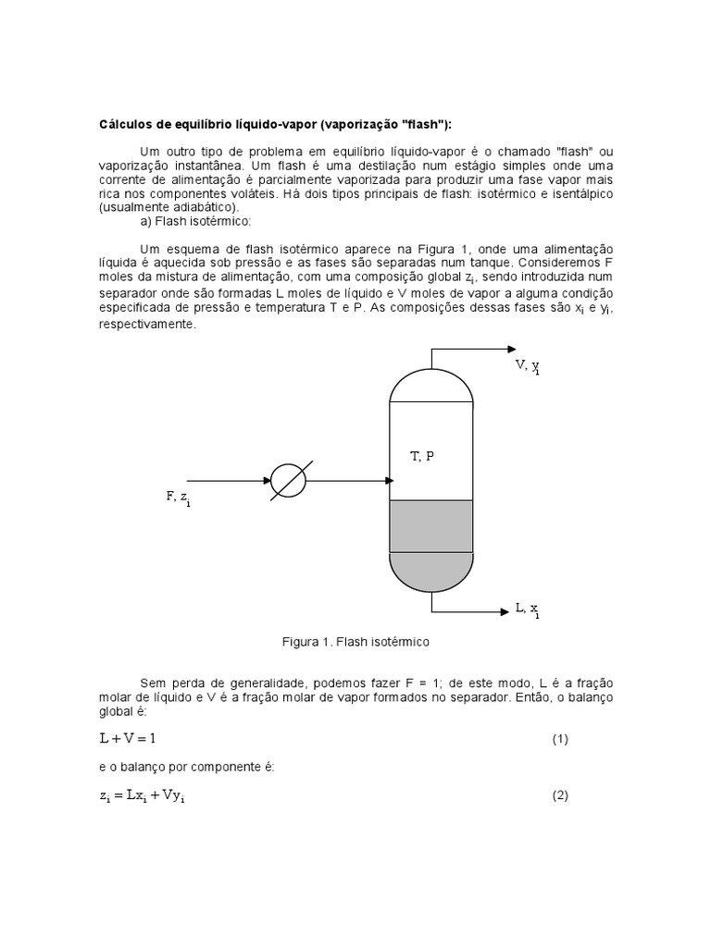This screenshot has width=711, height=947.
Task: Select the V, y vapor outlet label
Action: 528,366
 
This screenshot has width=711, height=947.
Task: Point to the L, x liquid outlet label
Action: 528,609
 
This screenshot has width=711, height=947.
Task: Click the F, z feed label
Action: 178,498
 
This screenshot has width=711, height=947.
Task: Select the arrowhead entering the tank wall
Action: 390,480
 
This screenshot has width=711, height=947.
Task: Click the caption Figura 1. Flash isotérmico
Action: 355,641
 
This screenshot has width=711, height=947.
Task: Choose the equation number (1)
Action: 560,740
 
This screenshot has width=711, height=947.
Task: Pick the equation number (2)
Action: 560,795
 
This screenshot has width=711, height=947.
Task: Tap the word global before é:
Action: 117,714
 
